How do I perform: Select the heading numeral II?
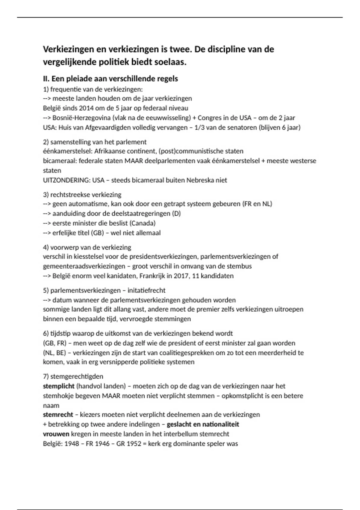click(x=46, y=79)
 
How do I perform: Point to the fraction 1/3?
click(x=201, y=127)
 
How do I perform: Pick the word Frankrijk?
click(x=152, y=276)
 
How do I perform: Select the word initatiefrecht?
click(x=146, y=290)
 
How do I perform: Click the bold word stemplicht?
click(x=58, y=386)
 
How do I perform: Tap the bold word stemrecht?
click(x=58, y=415)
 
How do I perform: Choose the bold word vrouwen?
click(x=56, y=434)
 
